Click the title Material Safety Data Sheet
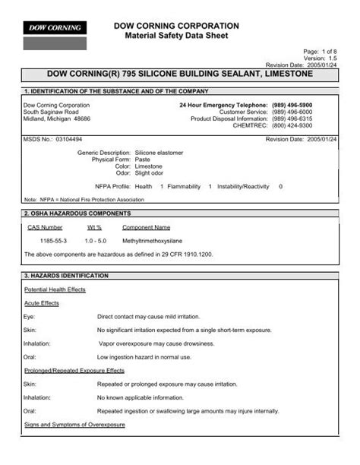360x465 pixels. (176, 36)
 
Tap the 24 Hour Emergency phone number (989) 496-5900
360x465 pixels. (313, 105)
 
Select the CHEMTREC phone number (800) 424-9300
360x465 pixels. (313, 125)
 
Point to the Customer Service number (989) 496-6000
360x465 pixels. (313, 112)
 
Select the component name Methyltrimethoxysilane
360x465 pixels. (156, 239)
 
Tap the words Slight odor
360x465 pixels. (150, 172)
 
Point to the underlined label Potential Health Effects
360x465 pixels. (55, 289)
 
